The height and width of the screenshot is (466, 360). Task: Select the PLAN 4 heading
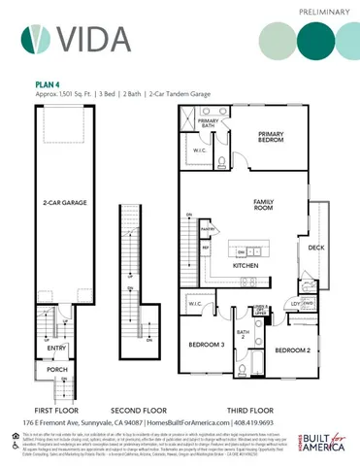coord(49,83)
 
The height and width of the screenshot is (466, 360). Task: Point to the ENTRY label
coord(56,347)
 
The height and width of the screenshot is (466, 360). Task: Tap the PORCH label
coord(57,370)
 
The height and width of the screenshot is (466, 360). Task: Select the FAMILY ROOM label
coord(265,205)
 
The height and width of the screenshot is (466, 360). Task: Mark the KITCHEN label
coord(245,264)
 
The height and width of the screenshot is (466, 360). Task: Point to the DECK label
coord(316,249)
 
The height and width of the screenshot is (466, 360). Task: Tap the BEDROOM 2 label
coord(292,349)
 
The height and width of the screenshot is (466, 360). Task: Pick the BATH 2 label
coord(245,336)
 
